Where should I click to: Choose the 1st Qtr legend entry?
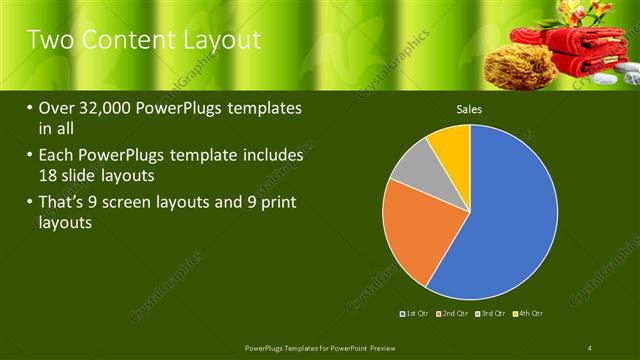coord(415,314)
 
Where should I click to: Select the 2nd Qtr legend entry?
coord(453,314)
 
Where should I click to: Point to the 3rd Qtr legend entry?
coord(491,314)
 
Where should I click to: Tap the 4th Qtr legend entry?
coord(528,314)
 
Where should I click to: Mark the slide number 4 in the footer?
coord(590,347)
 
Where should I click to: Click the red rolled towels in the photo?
coord(571,50)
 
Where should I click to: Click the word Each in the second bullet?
coord(58,156)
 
